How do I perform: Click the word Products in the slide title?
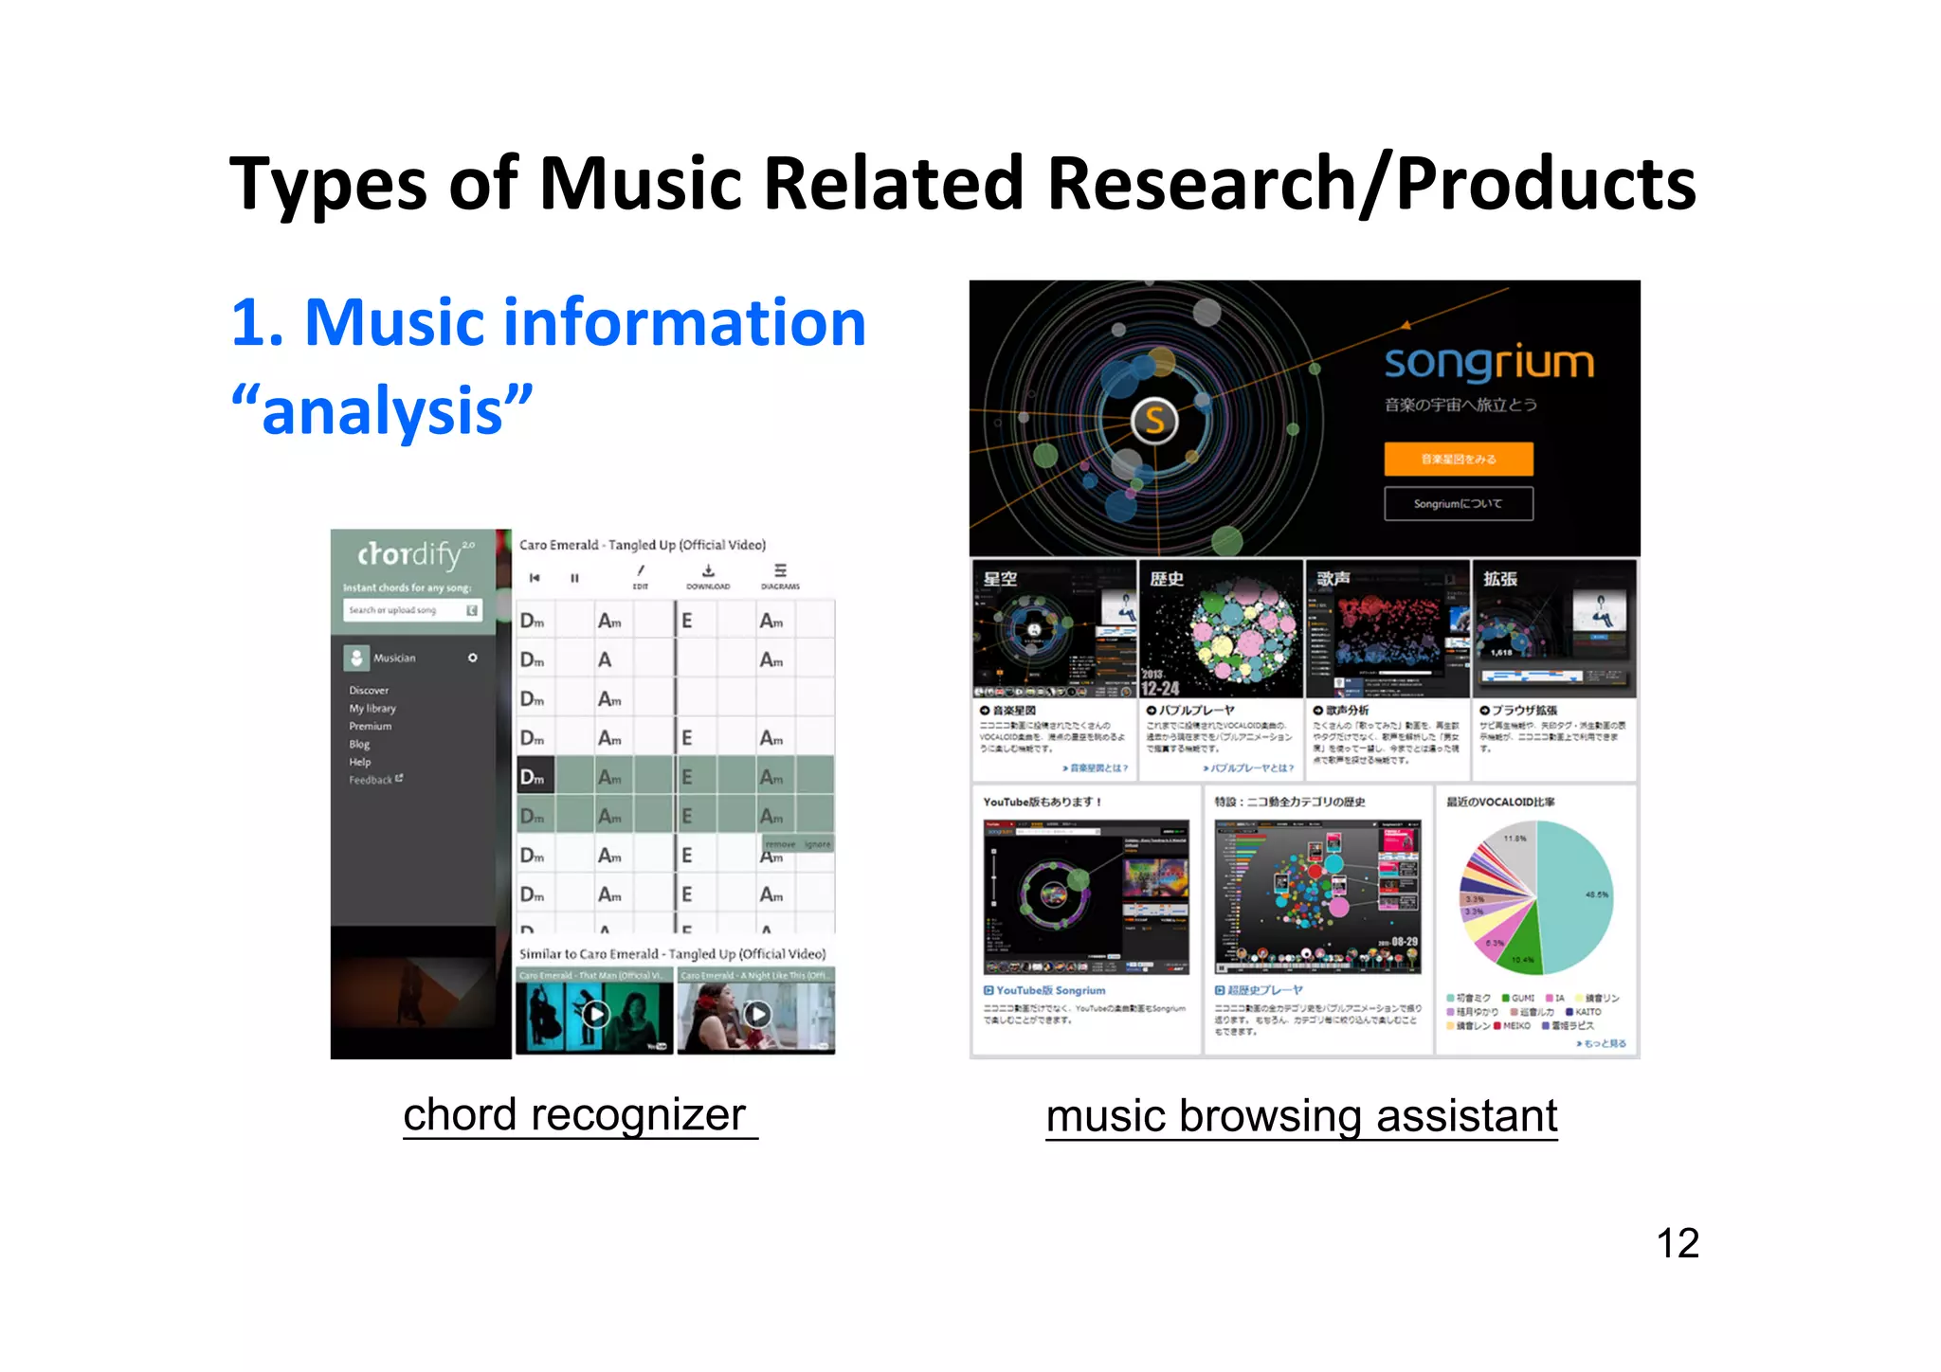tap(1545, 184)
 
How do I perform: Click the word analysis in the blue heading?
tap(382, 411)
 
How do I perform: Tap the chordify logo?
tap(409, 554)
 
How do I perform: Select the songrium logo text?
tap(1489, 362)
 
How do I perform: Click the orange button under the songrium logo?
tap(1458, 459)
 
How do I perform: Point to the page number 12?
tap(1677, 1243)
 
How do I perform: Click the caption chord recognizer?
tap(575, 1115)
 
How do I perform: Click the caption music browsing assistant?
tap(1301, 1116)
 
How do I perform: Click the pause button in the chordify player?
tap(574, 578)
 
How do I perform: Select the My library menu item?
tap(372, 708)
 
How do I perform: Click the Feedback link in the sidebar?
tap(372, 780)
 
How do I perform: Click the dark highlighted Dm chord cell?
tap(533, 778)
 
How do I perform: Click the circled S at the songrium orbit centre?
tap(1154, 420)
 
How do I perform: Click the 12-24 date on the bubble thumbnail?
tap(1160, 688)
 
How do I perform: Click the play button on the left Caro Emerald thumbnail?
tap(595, 1015)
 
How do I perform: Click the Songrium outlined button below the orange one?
tap(1458, 504)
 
